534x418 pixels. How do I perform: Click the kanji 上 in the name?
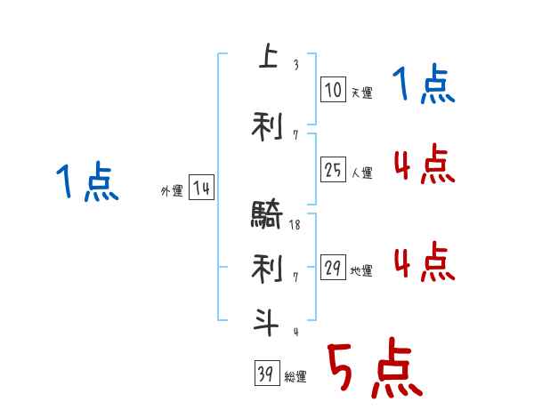tap(266, 58)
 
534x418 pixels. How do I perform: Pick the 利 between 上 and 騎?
tap(266, 126)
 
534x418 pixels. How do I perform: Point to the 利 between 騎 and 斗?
tap(266, 267)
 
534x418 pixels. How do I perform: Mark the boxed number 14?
tap(201, 188)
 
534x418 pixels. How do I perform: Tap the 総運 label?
tap(295, 377)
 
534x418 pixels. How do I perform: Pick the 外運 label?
tap(171, 190)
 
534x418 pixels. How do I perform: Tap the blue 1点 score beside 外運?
tap(86, 182)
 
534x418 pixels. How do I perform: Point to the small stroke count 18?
tap(295, 225)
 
